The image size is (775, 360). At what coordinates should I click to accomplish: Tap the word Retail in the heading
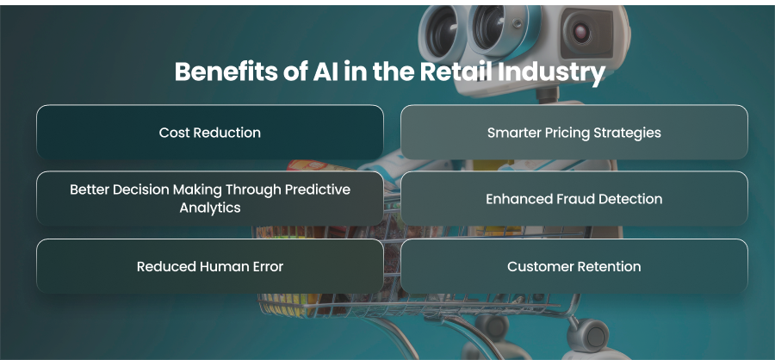pos(456,71)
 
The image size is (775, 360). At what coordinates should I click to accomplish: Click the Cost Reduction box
pos(210,132)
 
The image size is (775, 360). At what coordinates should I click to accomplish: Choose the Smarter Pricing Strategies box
pos(573,132)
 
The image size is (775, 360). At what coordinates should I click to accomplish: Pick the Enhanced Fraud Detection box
pos(573,198)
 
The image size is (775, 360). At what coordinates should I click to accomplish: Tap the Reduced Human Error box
pos(210,266)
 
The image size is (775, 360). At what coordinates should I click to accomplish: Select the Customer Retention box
pos(573,266)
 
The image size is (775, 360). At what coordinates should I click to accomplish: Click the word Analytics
pos(210,208)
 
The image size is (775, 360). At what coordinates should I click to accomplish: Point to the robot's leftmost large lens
pos(443,32)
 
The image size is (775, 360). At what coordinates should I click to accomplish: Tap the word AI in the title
pos(323,71)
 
